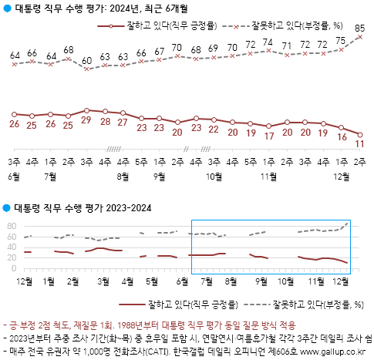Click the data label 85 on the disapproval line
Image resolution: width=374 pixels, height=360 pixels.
pos(360,28)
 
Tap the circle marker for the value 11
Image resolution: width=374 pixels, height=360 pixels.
pos(360,134)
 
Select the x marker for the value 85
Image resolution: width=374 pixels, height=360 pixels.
pos(360,37)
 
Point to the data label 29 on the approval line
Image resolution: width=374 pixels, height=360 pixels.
pos(87,121)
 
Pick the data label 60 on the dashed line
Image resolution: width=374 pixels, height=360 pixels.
pos(87,59)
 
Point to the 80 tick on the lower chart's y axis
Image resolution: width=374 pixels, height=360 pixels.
pos(12,226)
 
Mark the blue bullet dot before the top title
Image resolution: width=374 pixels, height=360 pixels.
pos(7,9)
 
